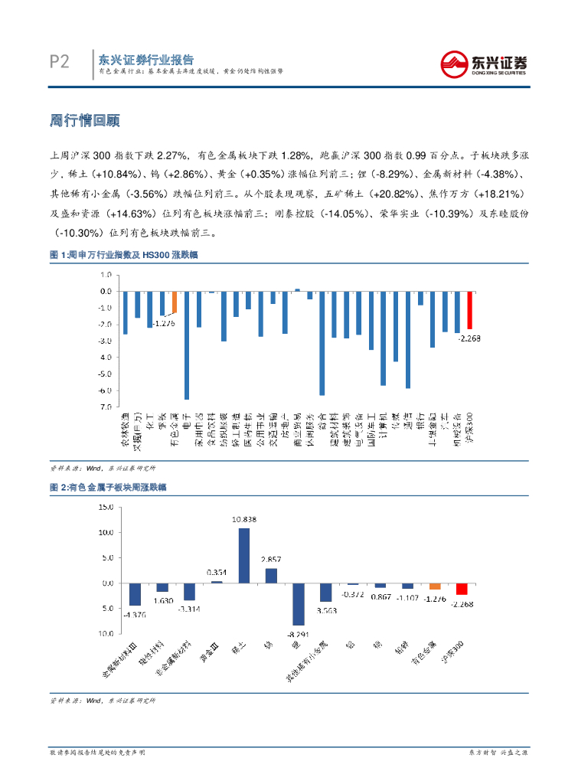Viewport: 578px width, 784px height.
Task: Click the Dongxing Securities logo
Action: click(x=483, y=62)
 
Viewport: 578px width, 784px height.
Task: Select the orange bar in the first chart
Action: click(x=174, y=302)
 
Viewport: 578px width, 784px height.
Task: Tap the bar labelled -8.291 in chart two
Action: click(x=299, y=604)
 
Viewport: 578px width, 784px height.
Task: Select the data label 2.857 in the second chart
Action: click(x=271, y=560)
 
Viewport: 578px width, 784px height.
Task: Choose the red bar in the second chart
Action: click(x=462, y=589)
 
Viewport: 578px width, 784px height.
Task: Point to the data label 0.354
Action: click(x=217, y=573)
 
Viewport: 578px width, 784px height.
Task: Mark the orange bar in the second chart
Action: click(x=435, y=586)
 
